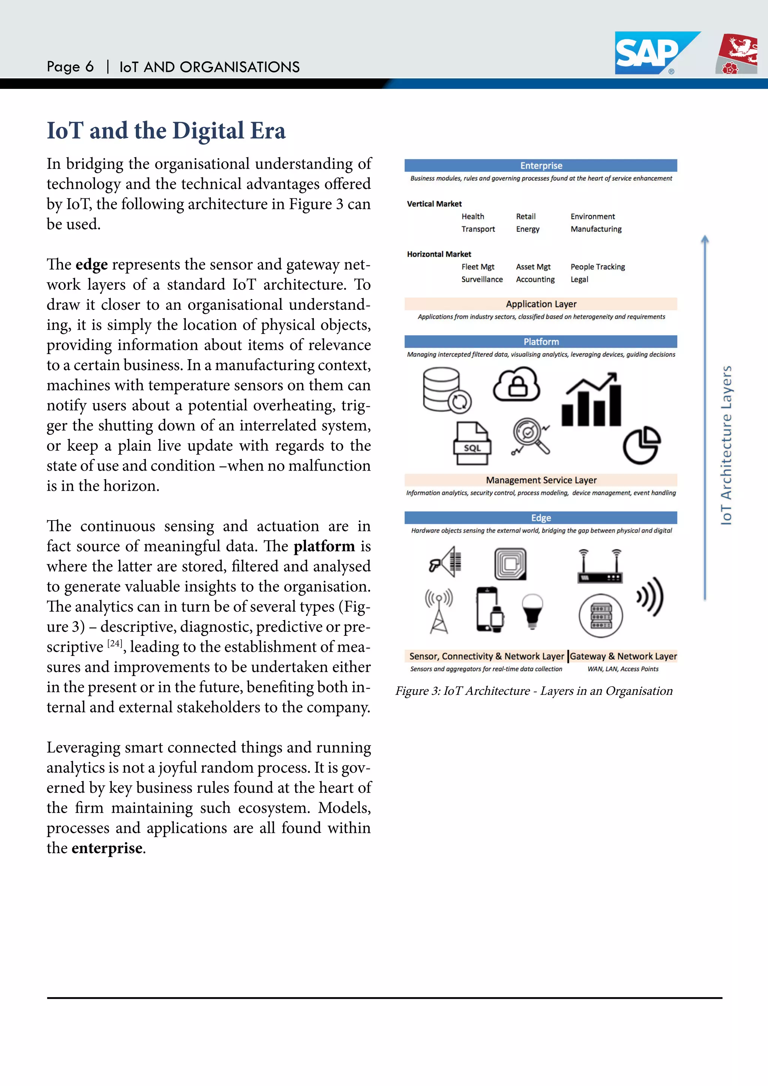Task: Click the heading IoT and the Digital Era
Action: coord(166,130)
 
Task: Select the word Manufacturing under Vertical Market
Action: coord(596,229)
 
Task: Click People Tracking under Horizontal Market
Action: coord(597,267)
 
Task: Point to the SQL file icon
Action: coord(472,443)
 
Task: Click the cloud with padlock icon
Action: coord(516,384)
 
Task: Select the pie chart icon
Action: coord(641,445)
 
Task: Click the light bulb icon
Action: coord(532,610)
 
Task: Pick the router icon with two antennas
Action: coord(600,567)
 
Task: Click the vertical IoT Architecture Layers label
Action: coord(726,445)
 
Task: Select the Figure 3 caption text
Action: coord(534,691)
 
